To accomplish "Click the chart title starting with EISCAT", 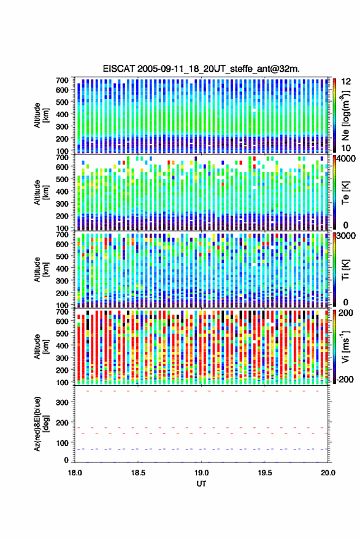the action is (201, 69).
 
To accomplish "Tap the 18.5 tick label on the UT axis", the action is (138, 473).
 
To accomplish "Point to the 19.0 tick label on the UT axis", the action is (202, 473).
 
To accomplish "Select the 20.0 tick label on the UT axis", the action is (328, 473).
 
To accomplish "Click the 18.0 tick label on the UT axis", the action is (75, 473).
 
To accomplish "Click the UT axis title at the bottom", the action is (201, 484).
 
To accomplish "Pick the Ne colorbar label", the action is (345, 115).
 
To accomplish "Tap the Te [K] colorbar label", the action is (345, 193).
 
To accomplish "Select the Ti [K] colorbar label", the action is (345, 270).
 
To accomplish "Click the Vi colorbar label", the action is (345, 346).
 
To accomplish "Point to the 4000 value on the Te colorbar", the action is (347, 159).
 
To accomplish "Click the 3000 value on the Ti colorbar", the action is (347, 236).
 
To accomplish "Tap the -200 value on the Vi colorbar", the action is (345, 380).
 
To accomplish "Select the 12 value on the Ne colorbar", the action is (346, 82).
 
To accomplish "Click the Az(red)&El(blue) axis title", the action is (42, 424).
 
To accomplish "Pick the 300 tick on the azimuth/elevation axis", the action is (63, 402).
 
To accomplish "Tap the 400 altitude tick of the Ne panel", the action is (62, 114).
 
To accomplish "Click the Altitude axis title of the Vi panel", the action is (41, 346).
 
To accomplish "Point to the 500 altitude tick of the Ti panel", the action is (62, 256).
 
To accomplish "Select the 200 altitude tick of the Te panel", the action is (62, 216).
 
